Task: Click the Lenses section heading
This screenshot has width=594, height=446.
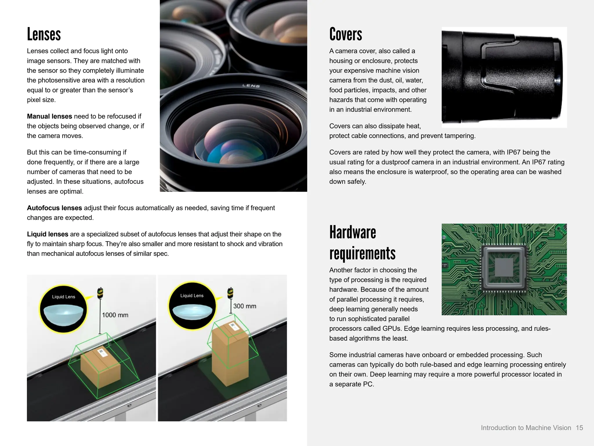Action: coord(44,34)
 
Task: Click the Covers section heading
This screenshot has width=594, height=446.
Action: coord(345,34)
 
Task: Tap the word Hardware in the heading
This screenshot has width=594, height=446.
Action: coord(352,232)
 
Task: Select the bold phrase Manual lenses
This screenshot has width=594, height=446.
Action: coord(49,116)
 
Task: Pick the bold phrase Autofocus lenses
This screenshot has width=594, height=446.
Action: coord(54,208)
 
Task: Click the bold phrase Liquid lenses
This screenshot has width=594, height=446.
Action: coord(48,234)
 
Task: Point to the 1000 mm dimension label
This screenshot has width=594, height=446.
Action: coord(115,315)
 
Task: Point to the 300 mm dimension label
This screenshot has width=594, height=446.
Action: coord(245,306)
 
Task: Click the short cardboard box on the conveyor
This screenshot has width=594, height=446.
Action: coord(100,368)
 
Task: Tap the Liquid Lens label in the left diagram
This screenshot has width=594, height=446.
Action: coord(64,297)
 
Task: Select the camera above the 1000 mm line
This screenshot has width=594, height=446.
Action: coord(100,293)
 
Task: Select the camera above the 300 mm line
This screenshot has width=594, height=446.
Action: coord(230,293)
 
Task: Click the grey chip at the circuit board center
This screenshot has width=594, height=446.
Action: coord(504,267)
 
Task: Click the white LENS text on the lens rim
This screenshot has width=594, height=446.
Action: coord(251,86)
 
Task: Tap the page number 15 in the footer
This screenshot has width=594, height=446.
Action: coord(579,428)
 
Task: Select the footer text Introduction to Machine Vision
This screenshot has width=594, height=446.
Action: coord(526,428)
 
